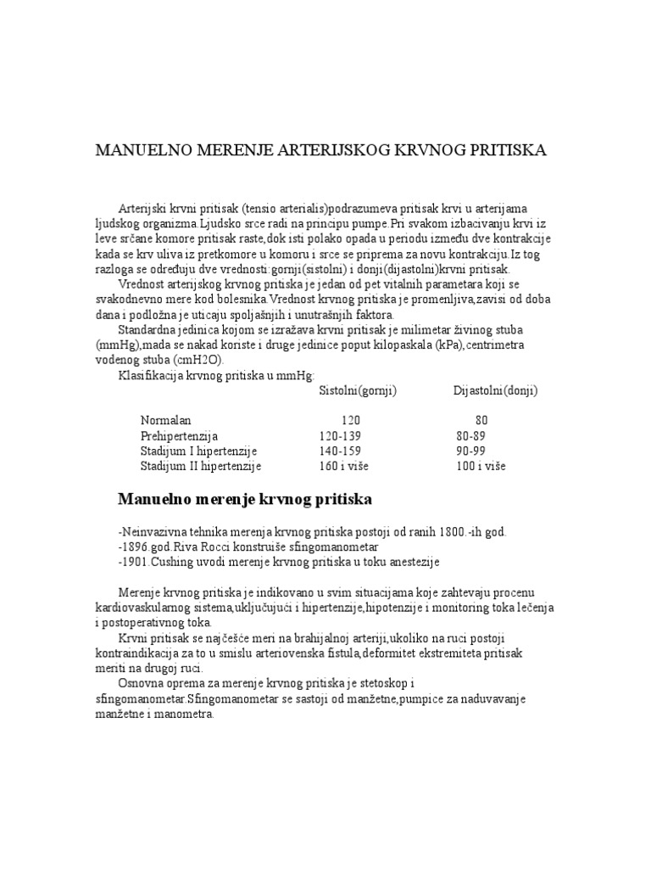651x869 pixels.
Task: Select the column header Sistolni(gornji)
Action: [x=358, y=390]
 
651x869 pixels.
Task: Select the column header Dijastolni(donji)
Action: [x=496, y=390]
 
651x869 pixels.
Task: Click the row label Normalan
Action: [x=166, y=420]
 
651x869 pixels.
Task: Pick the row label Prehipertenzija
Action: [x=181, y=435]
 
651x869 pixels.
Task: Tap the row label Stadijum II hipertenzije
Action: [x=201, y=466]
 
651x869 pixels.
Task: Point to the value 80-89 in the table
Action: [x=470, y=435]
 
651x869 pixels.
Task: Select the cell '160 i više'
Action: [x=343, y=466]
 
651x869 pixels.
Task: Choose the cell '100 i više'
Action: [x=481, y=466]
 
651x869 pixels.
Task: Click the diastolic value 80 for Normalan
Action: [x=481, y=420]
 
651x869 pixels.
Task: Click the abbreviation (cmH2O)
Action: [x=198, y=360]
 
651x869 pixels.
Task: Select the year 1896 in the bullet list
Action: [x=139, y=547]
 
